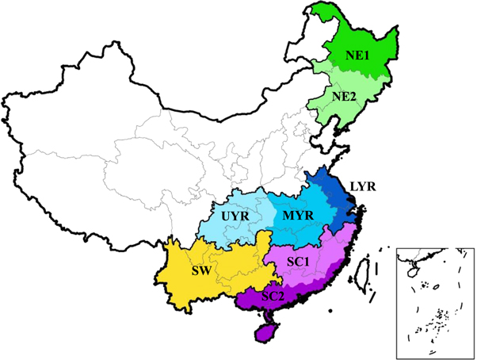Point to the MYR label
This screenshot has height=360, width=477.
(x=299, y=216)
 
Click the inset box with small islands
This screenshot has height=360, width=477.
(x=434, y=301)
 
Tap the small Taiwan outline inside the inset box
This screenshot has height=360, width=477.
(x=413, y=269)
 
